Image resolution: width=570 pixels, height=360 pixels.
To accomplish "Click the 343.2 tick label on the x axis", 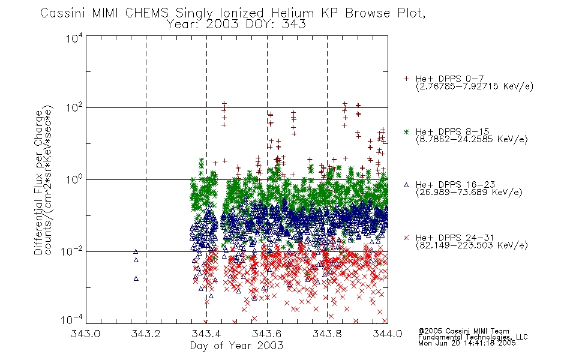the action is pyautogui.click(x=146, y=334).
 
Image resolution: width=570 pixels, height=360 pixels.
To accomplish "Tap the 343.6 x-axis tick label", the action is pyautogui.click(x=267, y=334).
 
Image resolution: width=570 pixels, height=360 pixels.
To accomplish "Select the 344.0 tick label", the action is pyautogui.click(x=388, y=334).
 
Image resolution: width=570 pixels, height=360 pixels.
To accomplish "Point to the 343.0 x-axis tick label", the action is pyautogui.click(x=86, y=334).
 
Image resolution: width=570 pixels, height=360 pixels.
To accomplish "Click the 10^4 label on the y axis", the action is pyautogui.click(x=74, y=38).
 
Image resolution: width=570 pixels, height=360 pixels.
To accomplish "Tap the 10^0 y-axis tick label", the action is pyautogui.click(x=74, y=179).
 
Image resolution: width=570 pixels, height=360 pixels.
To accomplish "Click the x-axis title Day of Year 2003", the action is pyautogui.click(x=236, y=346).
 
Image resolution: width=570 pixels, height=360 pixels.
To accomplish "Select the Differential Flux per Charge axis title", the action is pyautogui.click(x=39, y=182).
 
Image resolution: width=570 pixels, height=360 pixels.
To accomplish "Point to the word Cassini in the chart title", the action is pyautogui.click(x=62, y=13).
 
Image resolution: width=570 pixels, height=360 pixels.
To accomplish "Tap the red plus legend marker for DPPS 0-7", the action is pyautogui.click(x=406, y=79).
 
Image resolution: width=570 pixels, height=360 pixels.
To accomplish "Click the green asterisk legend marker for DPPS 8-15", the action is pyautogui.click(x=406, y=131).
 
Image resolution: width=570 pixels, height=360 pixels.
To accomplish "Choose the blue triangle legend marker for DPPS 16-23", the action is pyautogui.click(x=406, y=185).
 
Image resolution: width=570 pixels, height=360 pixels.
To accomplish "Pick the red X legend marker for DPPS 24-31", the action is pyautogui.click(x=406, y=238).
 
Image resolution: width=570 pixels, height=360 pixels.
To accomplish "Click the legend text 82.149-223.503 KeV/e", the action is pyautogui.click(x=472, y=245).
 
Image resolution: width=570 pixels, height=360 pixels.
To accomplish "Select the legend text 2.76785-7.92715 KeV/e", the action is pyautogui.click(x=475, y=86).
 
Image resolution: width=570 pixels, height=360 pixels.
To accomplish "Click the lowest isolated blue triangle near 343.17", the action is pyautogui.click(x=136, y=278).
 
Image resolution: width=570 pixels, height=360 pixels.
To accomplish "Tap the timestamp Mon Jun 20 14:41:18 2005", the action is pyautogui.click(x=467, y=343).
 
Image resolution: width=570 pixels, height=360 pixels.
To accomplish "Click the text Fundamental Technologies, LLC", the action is pyautogui.click(x=473, y=337).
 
